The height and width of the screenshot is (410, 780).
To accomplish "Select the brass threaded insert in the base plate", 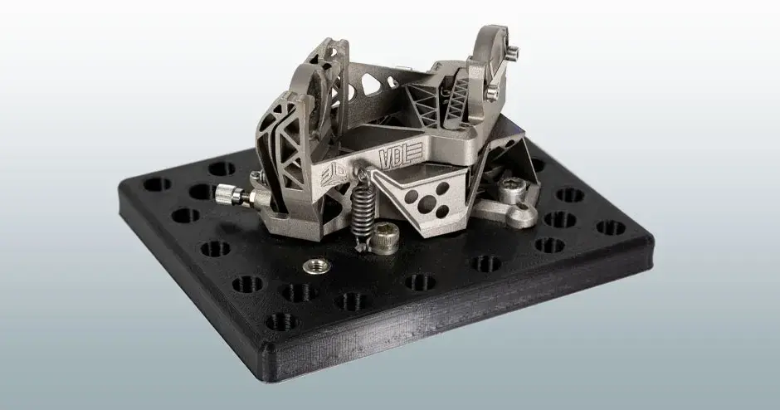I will (314, 266).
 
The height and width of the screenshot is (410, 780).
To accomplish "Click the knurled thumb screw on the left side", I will (230, 195).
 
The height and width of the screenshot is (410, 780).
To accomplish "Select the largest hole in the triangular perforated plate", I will (429, 203).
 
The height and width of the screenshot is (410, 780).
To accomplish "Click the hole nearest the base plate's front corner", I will (281, 320).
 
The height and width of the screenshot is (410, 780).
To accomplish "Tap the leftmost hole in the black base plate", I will (156, 184).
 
